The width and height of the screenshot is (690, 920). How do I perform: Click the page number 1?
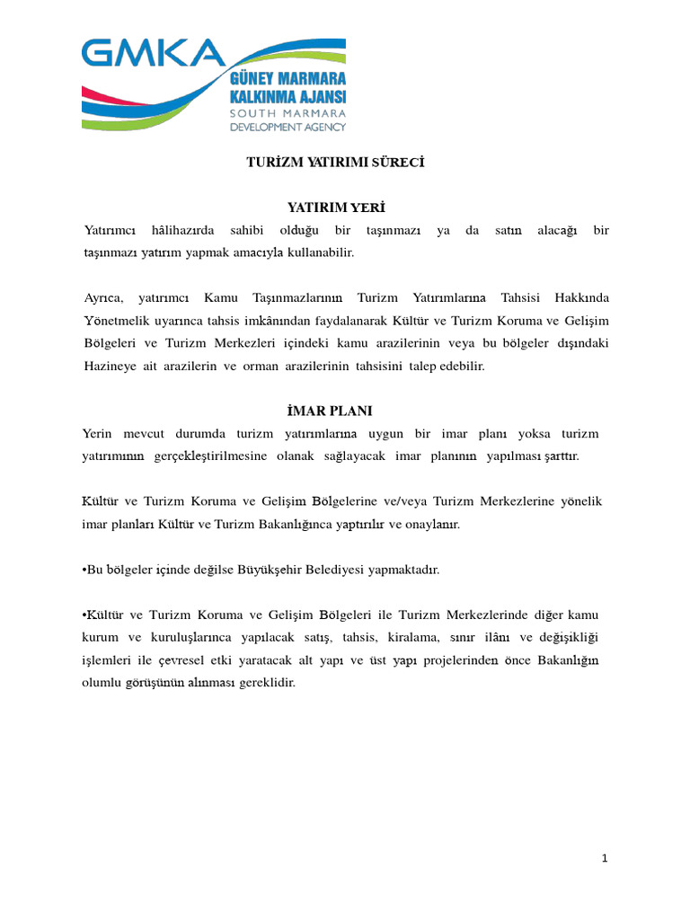pyautogui.click(x=605, y=859)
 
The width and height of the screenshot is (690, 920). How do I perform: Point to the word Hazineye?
pyautogui.click(x=110, y=366)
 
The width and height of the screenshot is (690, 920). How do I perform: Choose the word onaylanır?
pyautogui.click(x=433, y=524)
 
